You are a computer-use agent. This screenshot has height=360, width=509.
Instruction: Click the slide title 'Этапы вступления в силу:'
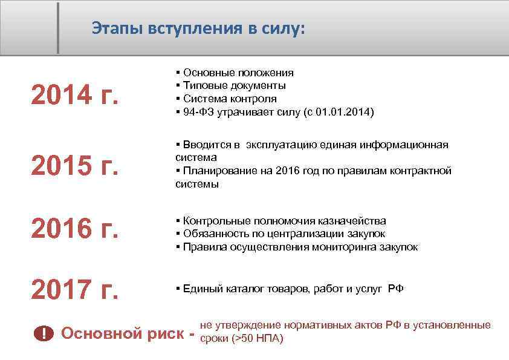199,28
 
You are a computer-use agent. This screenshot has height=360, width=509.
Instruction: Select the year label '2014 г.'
74,94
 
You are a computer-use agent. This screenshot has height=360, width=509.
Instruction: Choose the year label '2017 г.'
74,290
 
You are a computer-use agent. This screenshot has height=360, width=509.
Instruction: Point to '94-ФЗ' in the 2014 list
196,112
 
